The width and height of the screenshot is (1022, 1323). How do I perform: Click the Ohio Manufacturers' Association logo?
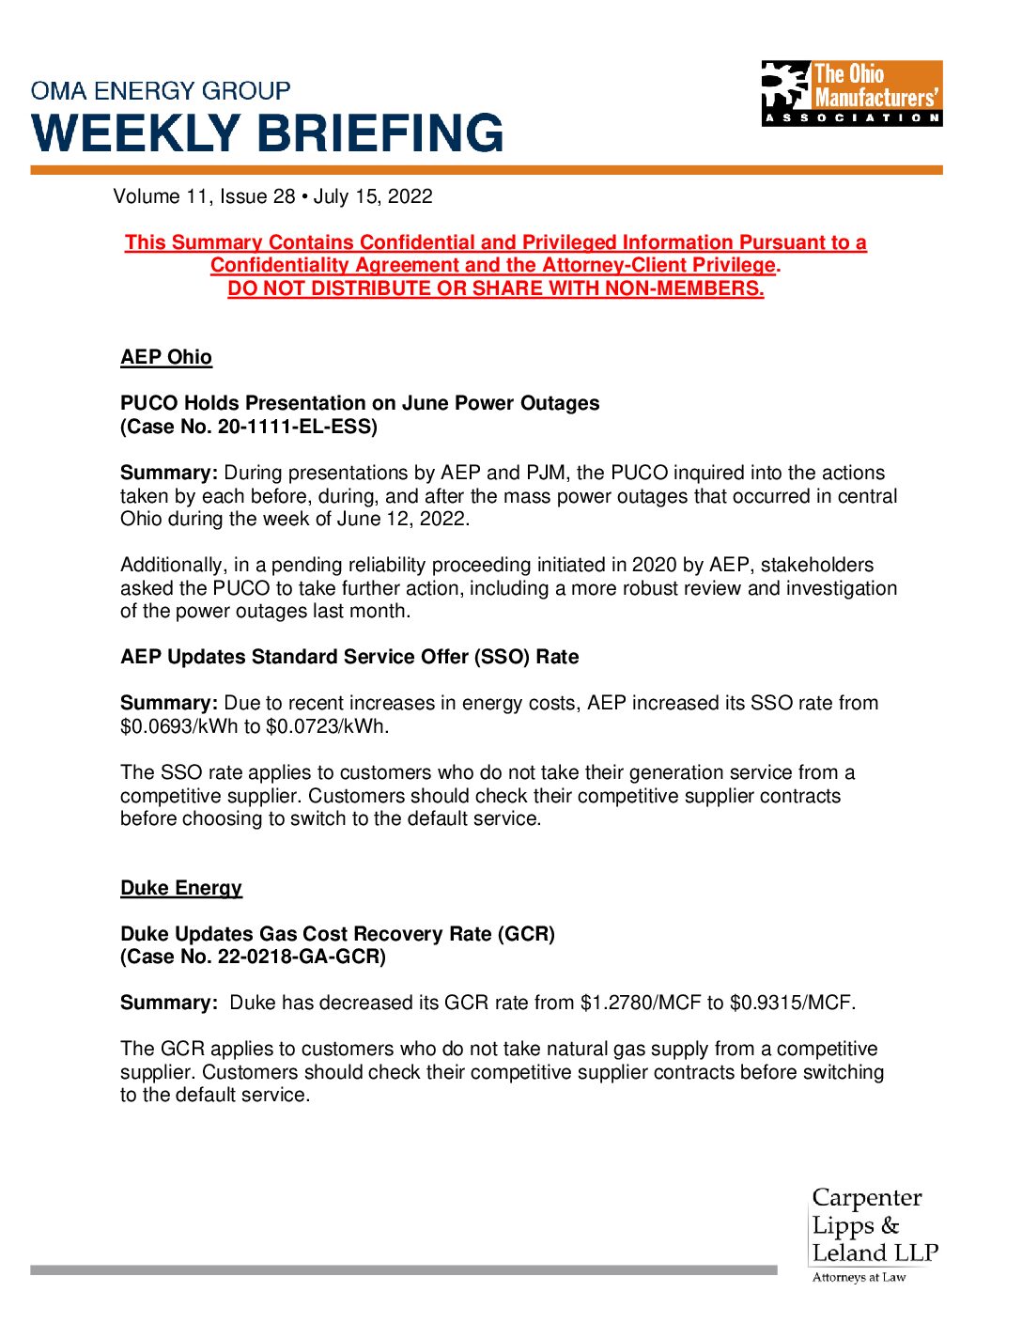coord(851,93)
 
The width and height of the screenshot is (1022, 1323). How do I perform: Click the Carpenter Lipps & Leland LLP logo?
coord(874,1234)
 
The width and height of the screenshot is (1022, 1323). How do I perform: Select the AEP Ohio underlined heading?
coord(166,357)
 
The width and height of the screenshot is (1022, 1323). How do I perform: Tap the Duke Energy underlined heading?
coord(181,888)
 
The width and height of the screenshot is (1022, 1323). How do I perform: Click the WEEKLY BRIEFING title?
coord(268,133)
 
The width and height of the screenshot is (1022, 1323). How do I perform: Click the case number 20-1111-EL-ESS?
coord(296,427)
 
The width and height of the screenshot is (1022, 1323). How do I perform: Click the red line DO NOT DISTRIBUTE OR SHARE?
coord(495,288)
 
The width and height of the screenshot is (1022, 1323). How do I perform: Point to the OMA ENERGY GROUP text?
coord(161,91)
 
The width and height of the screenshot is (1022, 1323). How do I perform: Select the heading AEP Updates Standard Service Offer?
coord(349,657)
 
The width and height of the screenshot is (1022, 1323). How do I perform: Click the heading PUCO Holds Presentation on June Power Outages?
coord(360,403)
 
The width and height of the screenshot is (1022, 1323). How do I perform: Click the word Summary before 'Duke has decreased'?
coord(168,1003)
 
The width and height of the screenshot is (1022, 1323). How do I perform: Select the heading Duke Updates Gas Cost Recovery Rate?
coord(337,934)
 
